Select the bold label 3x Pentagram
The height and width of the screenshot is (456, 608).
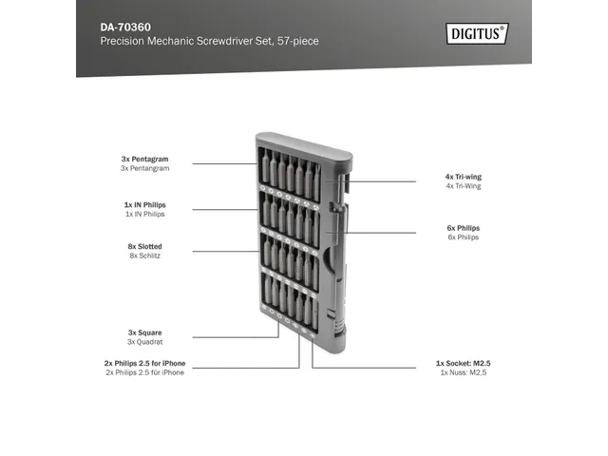pyautogui.click(x=145, y=159)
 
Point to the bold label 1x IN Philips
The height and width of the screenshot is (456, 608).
pyautogui.click(x=144, y=205)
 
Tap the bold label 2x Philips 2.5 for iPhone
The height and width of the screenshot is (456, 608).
pyautogui.click(x=144, y=364)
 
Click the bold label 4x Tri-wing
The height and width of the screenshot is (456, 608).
pyautogui.click(x=463, y=177)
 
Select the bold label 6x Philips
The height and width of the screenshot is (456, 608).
pyautogui.click(x=463, y=228)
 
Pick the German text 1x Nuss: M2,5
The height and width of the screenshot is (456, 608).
pyautogui.click(x=463, y=373)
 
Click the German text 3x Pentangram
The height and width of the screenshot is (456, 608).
pyautogui.click(x=144, y=168)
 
